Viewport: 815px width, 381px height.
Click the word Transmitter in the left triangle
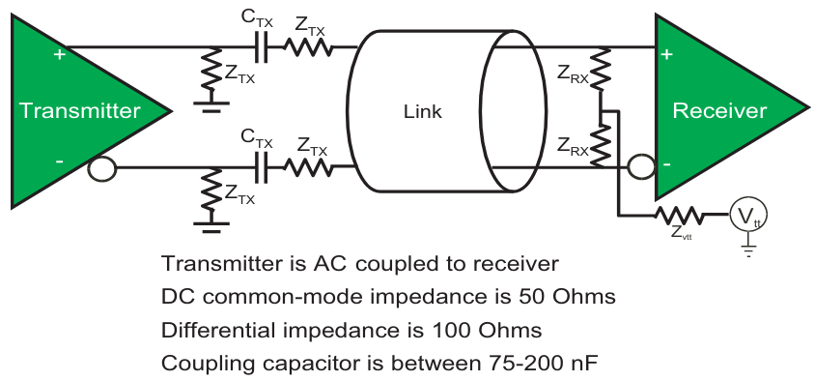point(79,110)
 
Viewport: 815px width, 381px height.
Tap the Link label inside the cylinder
point(422,112)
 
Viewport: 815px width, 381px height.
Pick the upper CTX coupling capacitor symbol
point(261,46)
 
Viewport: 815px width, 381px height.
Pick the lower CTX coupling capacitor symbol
point(261,167)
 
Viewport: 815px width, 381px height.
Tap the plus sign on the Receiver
point(666,54)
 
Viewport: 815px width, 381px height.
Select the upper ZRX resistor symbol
point(600,72)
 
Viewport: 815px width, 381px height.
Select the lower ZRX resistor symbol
point(600,146)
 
